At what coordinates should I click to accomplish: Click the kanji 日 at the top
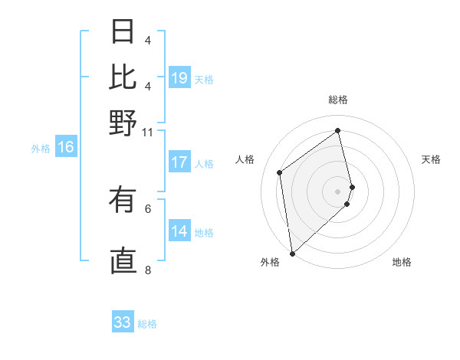point(123,31)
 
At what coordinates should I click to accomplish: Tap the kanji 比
point(123,77)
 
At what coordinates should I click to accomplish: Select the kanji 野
point(123,123)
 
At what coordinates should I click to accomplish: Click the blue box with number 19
point(179,78)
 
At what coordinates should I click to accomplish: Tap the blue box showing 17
point(179,162)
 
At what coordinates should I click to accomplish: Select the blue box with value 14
point(179,231)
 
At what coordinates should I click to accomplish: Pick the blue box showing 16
point(66,148)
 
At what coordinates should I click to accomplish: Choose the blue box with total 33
point(123,322)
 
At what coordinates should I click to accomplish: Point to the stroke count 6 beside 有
point(148,208)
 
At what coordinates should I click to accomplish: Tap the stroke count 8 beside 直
point(148,270)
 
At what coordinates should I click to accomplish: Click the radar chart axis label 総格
point(338,100)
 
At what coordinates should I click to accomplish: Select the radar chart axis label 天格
point(431,159)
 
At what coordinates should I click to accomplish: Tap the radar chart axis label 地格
point(402,262)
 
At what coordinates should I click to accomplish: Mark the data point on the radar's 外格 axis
point(292,253)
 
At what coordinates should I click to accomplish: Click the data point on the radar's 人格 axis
point(280,172)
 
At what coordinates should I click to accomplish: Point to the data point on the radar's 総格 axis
point(338,130)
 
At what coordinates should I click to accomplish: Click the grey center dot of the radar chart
point(338,191)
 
